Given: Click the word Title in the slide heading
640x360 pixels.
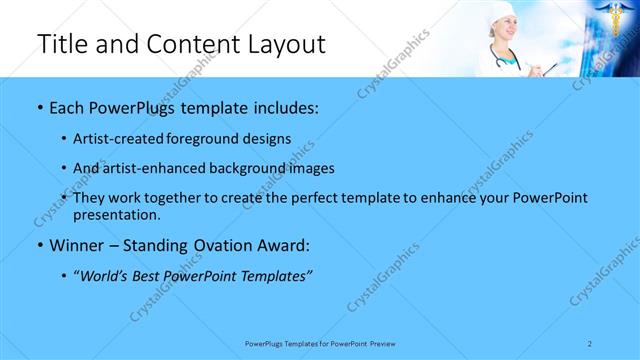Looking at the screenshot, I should [62, 45].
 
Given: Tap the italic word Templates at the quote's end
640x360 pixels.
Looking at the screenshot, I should [277, 276].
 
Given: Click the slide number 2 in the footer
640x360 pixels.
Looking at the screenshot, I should [590, 343].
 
